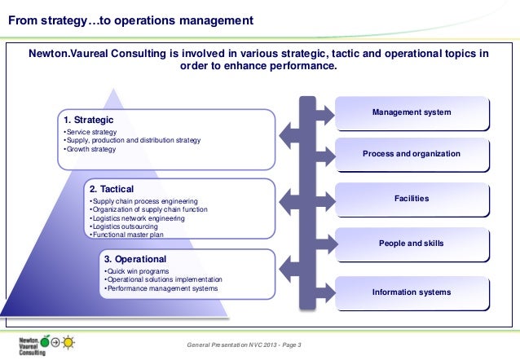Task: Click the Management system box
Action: coord(411,112)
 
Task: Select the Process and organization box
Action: coord(411,154)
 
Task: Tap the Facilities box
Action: coord(411,199)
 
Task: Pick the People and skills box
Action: coord(411,244)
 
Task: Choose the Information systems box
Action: coord(411,291)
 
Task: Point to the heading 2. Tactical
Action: coord(111,189)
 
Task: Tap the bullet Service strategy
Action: coord(92,133)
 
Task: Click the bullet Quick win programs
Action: coord(134,271)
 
